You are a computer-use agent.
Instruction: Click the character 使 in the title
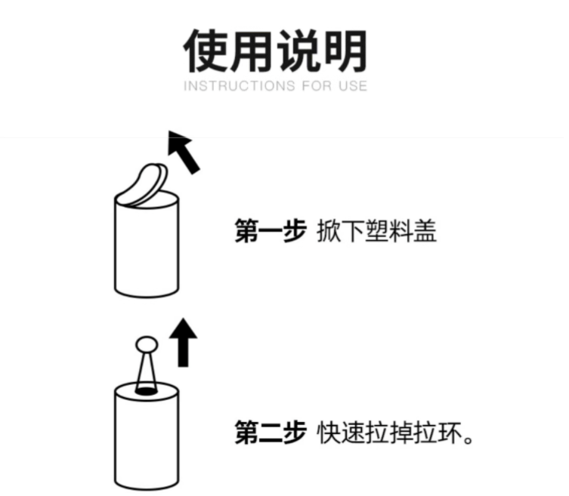206,51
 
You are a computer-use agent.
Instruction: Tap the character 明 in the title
345,51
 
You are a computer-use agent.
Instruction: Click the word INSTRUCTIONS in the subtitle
240,86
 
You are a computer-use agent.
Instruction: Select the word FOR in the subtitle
317,86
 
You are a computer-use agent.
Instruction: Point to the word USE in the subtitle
353,86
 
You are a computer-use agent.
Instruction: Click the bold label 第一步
271,231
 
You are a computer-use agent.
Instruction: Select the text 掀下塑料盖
376,231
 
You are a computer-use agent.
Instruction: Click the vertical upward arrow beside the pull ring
184,343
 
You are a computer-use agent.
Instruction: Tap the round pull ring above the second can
147,344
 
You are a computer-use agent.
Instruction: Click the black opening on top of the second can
146,391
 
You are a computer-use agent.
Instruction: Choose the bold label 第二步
271,432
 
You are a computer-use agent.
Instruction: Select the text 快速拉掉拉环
389,432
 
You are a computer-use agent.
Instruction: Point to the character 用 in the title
251,51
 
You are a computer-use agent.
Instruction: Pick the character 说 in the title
298,51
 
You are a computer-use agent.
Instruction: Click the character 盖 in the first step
425,231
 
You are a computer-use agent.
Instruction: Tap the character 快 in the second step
329,432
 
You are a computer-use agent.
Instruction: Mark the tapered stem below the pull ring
147,371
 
